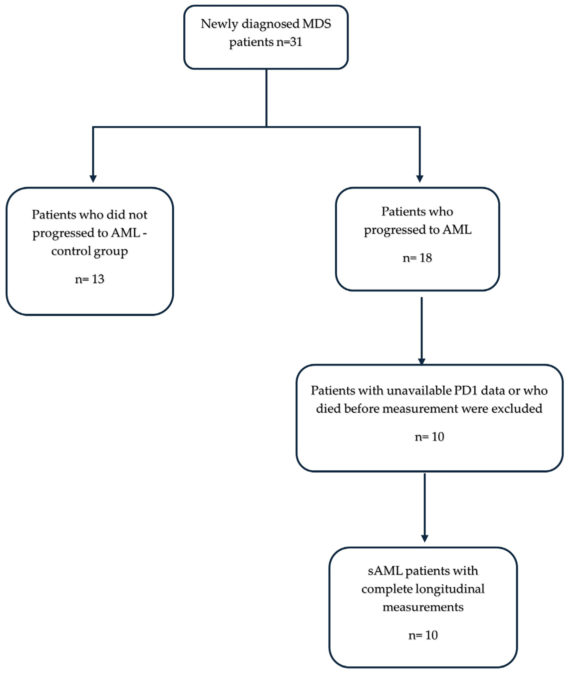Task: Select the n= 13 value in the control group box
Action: [x=90, y=279]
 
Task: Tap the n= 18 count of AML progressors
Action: [x=417, y=258]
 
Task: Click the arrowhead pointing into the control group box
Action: [x=93, y=179]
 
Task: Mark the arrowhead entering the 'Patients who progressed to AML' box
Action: [x=420, y=179]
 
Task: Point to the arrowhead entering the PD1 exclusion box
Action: [x=422, y=362]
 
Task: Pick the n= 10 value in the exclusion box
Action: [x=429, y=437]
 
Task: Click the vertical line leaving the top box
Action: [x=266, y=98]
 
